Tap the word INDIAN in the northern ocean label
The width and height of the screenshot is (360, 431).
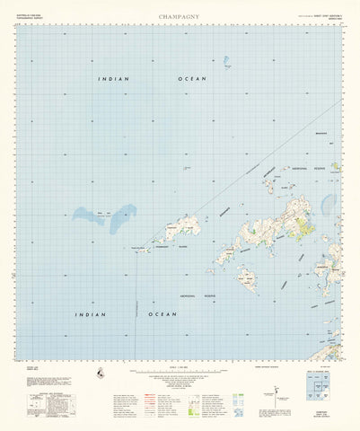pos(114,79)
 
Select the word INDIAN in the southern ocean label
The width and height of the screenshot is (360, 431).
pos(89,314)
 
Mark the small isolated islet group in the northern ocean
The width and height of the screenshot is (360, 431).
pos(227,64)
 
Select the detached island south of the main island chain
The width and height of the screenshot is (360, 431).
pos(247,279)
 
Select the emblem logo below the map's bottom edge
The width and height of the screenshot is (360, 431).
pos(98,371)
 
